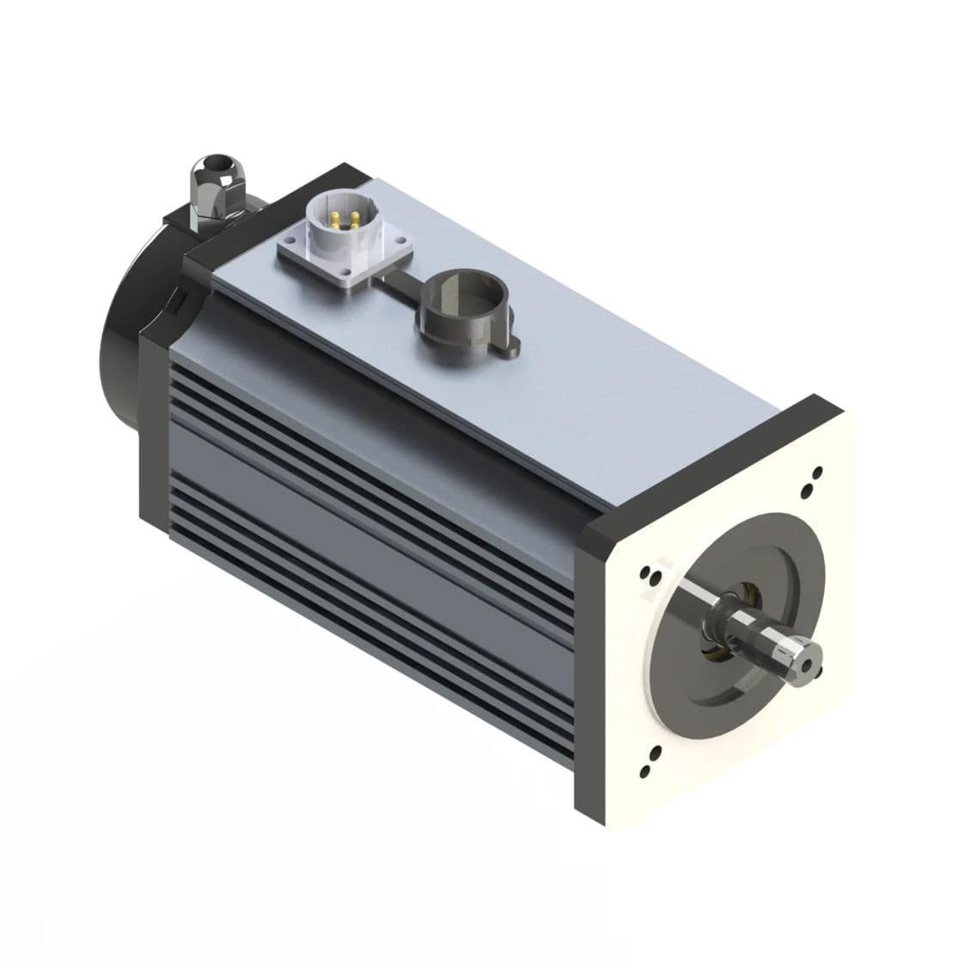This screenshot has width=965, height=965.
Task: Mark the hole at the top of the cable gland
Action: (207, 162)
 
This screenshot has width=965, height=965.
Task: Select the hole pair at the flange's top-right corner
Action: (810, 481)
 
